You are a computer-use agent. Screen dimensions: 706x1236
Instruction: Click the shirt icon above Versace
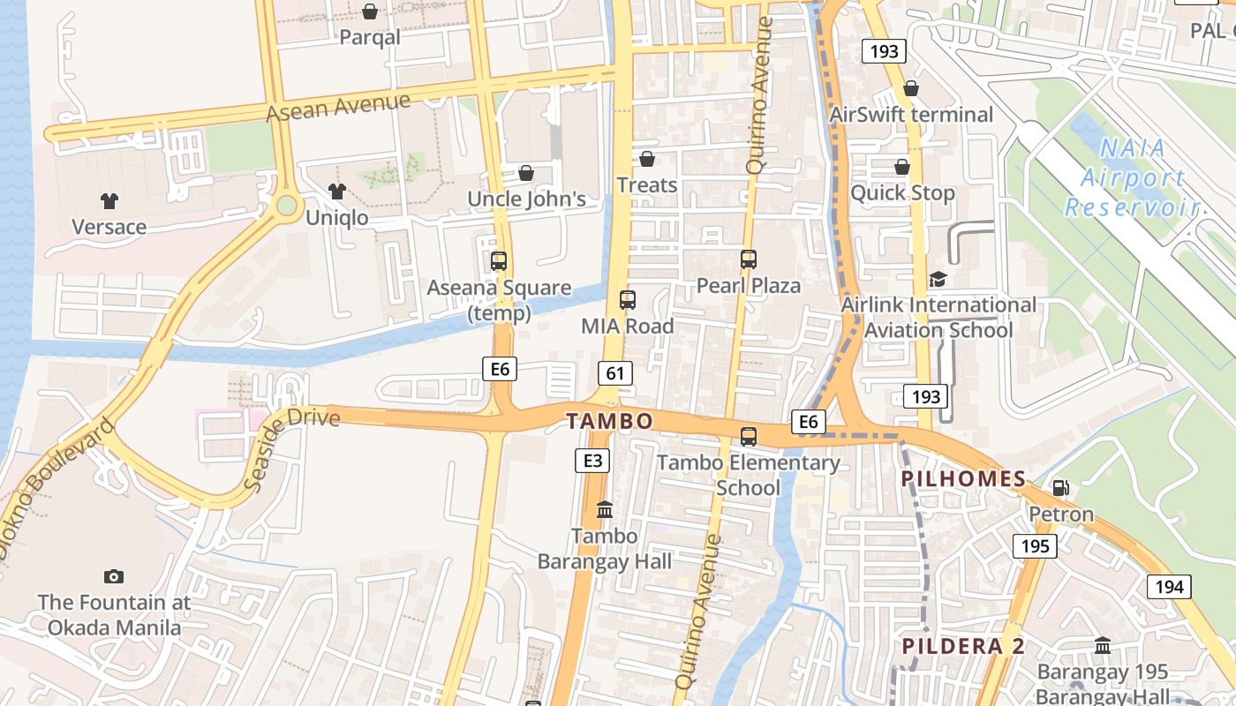109,201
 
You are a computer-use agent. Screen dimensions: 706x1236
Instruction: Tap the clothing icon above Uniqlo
336,191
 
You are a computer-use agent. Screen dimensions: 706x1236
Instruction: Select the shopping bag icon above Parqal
370,11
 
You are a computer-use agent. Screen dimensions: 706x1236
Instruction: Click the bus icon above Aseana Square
499,261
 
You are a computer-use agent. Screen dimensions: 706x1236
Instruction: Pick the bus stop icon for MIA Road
628,300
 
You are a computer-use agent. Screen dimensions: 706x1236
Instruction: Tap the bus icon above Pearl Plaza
749,259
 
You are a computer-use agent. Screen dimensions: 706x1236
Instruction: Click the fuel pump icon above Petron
1060,487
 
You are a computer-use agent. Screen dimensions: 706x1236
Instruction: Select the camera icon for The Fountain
114,576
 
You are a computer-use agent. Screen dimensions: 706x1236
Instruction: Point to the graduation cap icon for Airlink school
938,279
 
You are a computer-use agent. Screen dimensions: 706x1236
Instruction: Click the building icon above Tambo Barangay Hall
605,509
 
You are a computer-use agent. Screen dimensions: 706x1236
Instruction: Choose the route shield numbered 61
615,372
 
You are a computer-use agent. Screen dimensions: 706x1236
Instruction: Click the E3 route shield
592,460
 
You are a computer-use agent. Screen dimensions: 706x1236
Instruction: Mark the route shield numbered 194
1169,586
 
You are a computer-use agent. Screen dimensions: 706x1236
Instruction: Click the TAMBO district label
610,421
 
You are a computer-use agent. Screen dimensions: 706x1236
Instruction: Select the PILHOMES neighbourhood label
963,480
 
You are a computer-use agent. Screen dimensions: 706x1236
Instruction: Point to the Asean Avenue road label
338,108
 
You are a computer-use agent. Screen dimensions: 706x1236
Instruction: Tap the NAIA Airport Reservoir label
1134,178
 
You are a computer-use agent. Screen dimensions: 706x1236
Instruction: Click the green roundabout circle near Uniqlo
286,206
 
